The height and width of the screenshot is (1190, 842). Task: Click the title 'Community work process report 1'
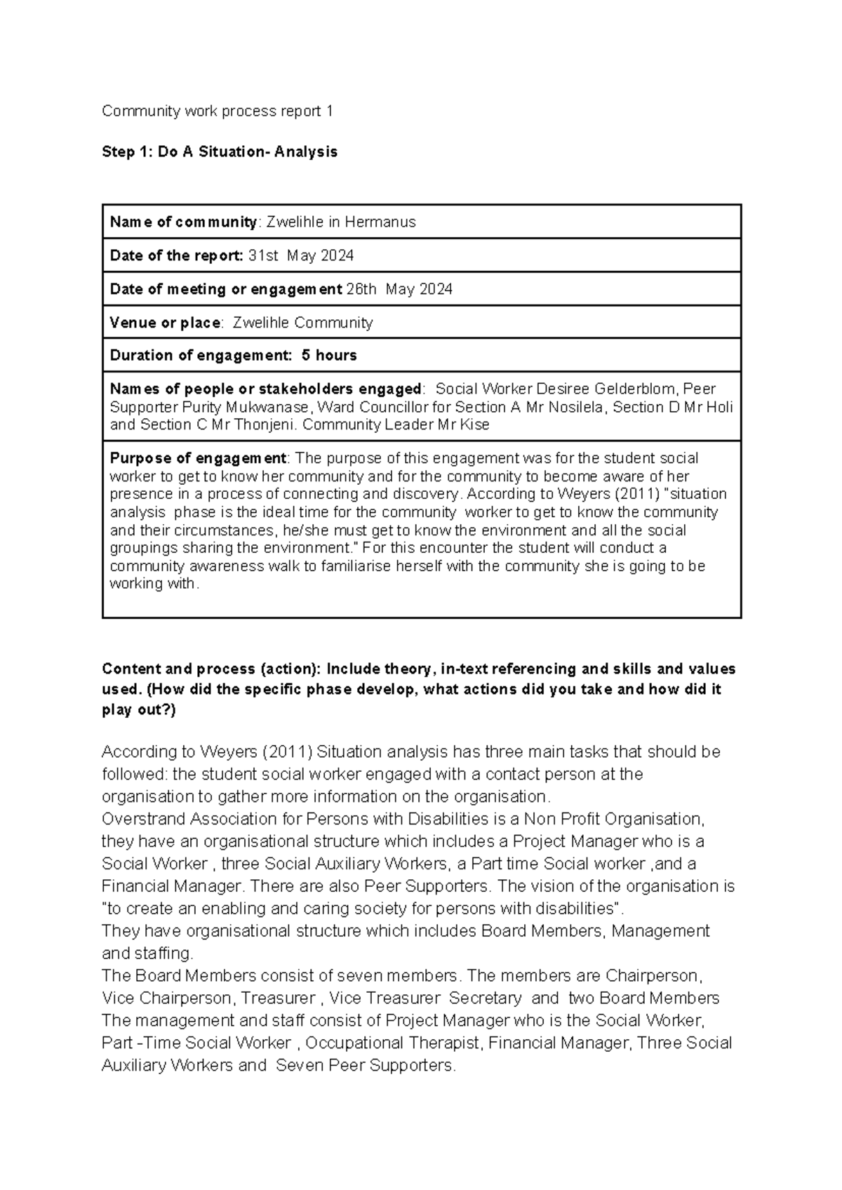click(x=218, y=111)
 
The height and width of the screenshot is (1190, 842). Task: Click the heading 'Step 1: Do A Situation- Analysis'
click(x=220, y=152)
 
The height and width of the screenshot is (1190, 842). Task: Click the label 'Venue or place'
click(x=165, y=323)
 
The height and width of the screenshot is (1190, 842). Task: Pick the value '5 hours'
click(x=329, y=355)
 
